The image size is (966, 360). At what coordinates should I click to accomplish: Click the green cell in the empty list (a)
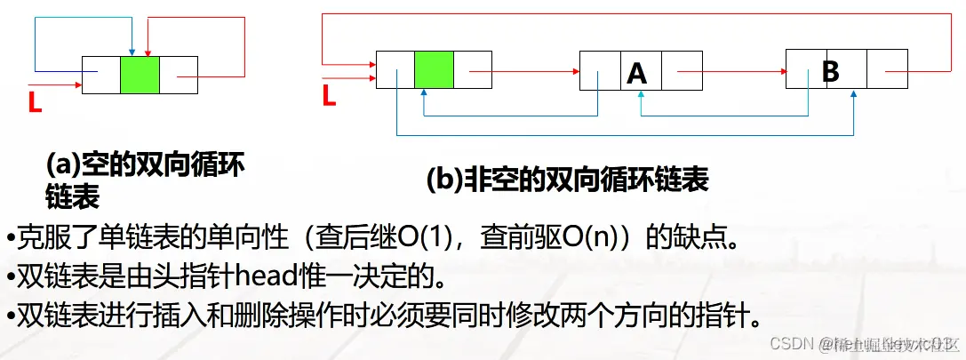[140, 75]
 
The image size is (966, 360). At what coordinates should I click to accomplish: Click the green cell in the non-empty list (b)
[434, 70]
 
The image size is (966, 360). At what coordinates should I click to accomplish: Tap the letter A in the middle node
[636, 72]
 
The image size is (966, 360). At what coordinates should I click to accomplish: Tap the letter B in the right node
[831, 70]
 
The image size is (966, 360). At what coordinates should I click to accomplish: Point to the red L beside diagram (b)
[329, 94]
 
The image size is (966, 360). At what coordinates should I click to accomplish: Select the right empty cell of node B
[886, 70]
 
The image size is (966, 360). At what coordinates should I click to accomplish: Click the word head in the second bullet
[271, 277]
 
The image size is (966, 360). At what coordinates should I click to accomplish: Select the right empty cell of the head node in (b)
[472, 70]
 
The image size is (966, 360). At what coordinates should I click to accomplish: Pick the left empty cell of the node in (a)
[101, 75]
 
